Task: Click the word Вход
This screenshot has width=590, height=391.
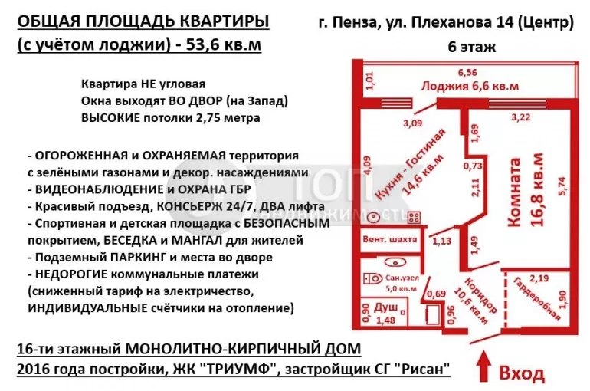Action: [x=522, y=373]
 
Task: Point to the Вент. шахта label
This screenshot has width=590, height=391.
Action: [x=391, y=239]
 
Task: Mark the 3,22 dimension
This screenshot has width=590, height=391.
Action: [x=520, y=117]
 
